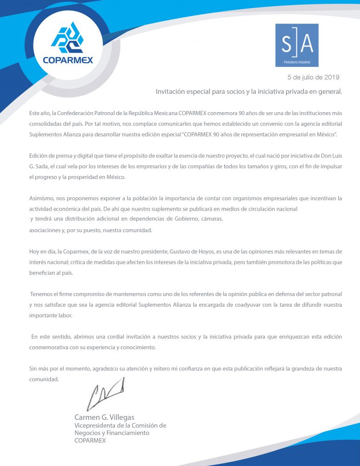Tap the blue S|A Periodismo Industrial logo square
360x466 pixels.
pos(296,45)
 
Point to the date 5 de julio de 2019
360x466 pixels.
pos(313,76)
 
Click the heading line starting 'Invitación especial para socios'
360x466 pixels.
pos(249,91)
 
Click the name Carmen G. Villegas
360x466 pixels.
pos(104,417)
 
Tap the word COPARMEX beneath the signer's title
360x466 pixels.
pos(90,441)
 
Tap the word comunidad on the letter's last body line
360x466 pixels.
pos(44,379)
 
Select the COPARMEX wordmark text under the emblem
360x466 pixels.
pos(68,60)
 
